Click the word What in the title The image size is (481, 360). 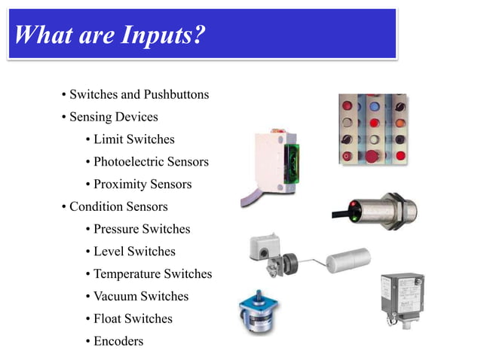43,35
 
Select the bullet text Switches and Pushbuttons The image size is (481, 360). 139,95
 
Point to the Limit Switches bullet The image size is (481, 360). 133,139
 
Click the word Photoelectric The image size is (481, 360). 129,162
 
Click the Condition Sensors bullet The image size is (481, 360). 118,206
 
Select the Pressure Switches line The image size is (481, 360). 141,229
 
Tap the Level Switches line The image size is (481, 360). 133,252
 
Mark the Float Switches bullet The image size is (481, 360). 133,319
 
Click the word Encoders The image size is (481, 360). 118,341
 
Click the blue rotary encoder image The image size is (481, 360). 258,310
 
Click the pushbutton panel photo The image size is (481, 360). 372,129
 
